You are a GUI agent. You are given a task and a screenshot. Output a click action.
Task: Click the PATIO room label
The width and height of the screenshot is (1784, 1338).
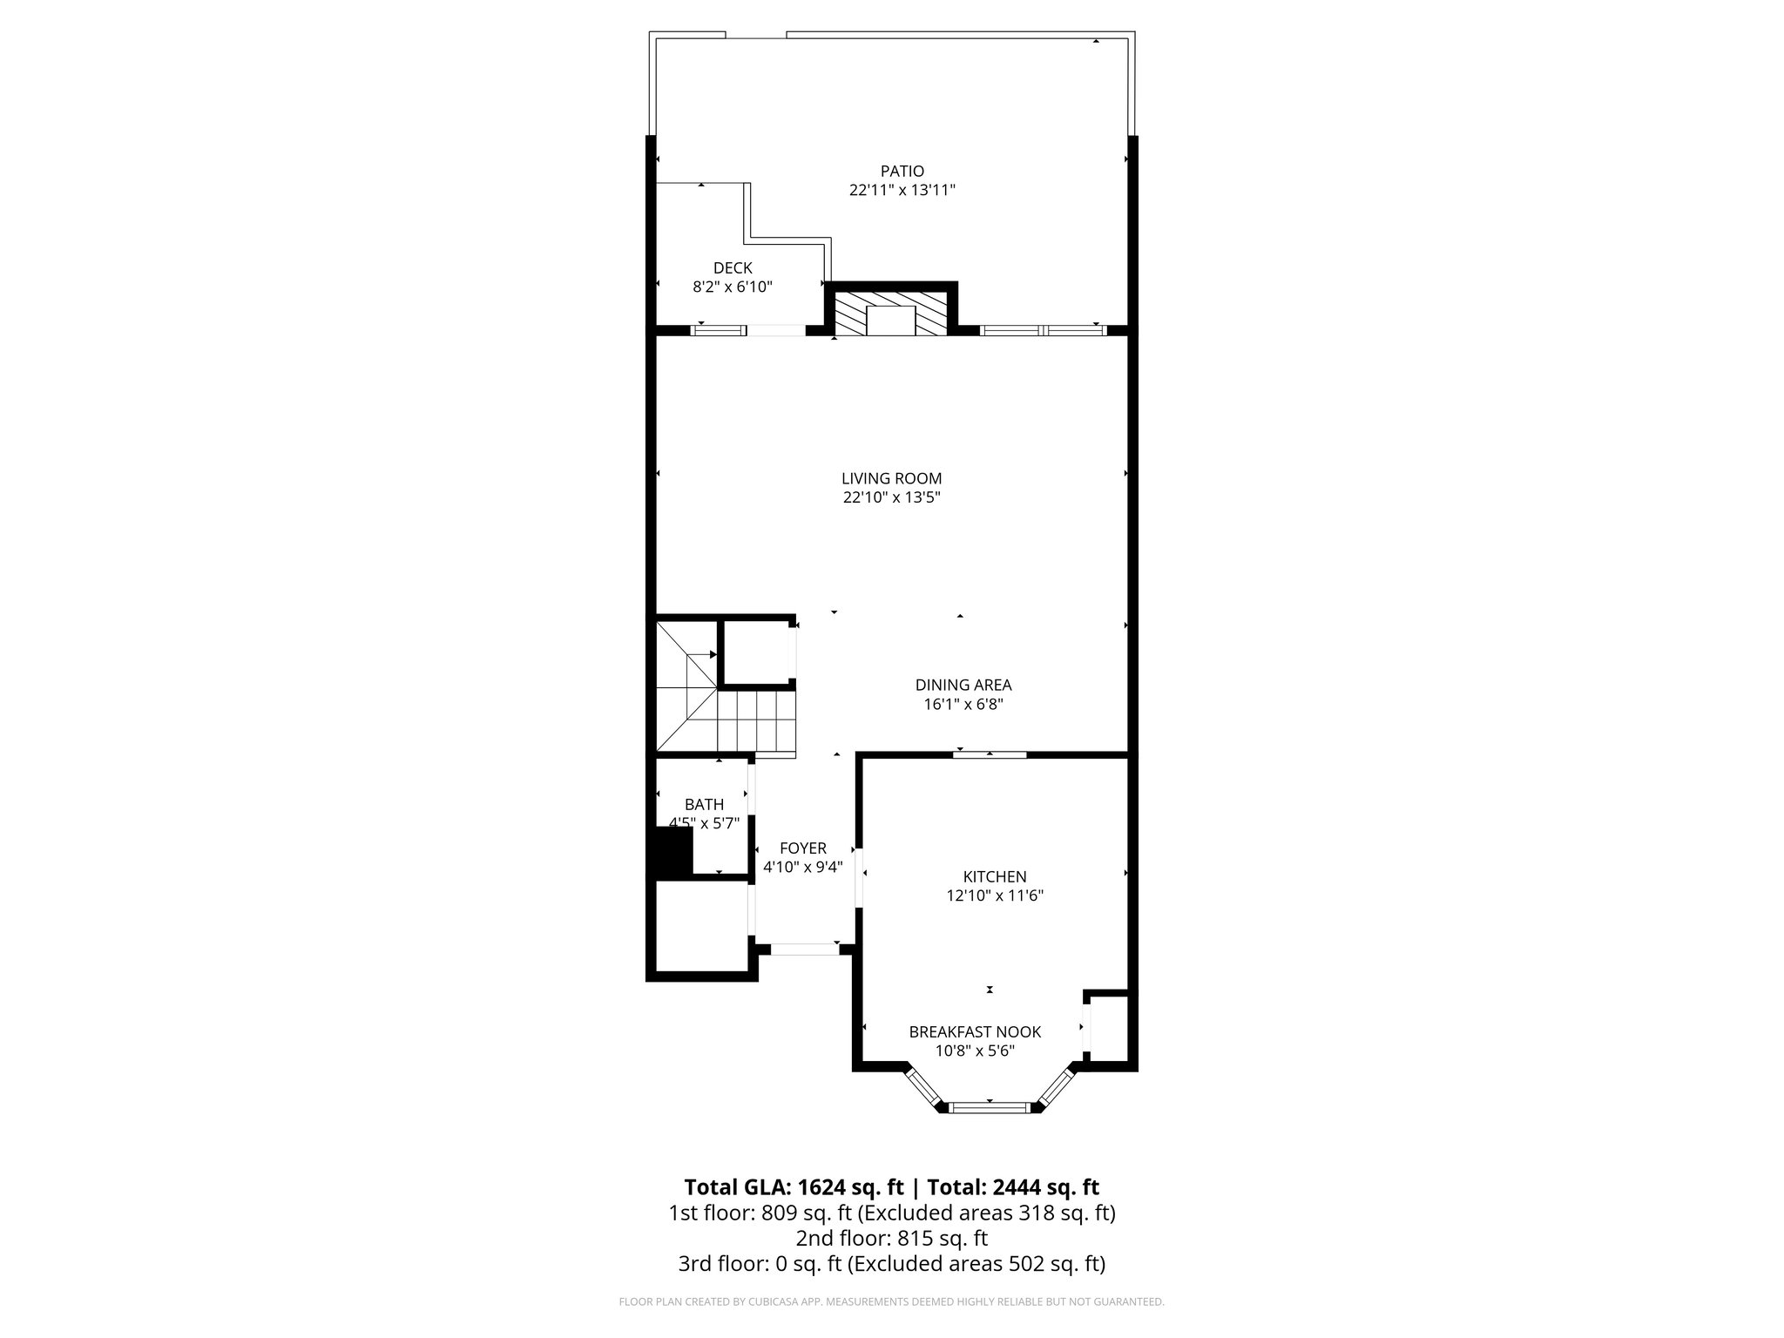(902, 172)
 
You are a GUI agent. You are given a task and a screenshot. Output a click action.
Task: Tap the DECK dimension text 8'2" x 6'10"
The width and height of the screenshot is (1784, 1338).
(733, 287)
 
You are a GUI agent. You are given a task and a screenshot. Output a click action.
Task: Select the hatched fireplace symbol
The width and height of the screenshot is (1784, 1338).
(890, 314)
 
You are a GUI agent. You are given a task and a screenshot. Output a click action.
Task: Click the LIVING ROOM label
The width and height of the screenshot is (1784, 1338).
(891, 478)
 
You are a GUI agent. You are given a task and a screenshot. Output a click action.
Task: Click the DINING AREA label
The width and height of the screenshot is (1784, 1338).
(963, 686)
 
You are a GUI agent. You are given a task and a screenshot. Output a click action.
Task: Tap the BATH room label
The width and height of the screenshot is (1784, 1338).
(704, 805)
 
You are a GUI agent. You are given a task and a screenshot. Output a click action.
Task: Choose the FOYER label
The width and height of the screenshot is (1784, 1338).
(802, 848)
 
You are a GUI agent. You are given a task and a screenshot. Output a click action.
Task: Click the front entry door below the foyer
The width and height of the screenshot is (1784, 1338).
(804, 949)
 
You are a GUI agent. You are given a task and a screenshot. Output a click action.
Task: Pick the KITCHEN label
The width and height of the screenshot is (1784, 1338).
(994, 877)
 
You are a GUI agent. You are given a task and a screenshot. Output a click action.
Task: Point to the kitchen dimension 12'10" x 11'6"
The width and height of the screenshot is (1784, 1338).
(994, 895)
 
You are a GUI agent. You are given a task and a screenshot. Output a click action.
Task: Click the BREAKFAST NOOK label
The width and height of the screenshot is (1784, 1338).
(975, 1032)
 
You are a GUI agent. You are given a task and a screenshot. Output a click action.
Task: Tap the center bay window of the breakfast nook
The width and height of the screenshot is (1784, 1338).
(990, 1107)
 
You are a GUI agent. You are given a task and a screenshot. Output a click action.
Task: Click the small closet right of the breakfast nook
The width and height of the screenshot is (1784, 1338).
(1108, 1029)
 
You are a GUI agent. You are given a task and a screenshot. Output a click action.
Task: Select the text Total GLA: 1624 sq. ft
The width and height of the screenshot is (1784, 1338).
(794, 1187)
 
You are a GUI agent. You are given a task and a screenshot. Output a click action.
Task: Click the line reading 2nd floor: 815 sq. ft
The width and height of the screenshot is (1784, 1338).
(891, 1238)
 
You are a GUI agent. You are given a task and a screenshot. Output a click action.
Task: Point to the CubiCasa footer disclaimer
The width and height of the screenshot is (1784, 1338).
(891, 1302)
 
